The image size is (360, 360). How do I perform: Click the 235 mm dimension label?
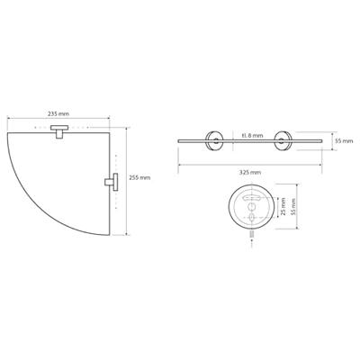click(58, 113)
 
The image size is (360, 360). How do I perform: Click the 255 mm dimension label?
click(139, 177)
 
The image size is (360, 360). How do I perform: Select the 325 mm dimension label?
click(250, 172)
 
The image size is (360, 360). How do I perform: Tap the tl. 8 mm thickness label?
click(252, 136)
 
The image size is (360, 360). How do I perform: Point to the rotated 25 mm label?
click(283, 207)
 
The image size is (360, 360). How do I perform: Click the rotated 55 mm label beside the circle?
click(293, 207)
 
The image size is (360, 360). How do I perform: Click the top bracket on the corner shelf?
click(59, 131)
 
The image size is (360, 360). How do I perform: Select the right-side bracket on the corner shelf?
click(112, 182)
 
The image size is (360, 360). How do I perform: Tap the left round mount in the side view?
click(214, 140)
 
